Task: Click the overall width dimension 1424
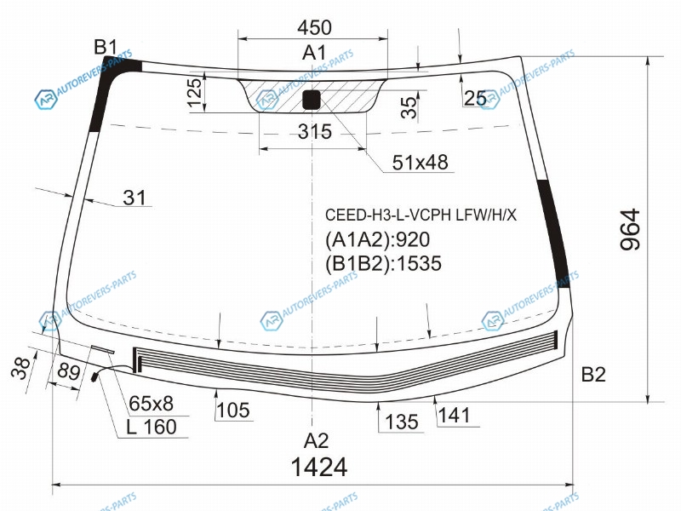pos(319,467)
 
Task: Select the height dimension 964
pos(630,229)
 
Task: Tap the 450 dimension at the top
pos(314,27)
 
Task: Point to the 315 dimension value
pos(315,131)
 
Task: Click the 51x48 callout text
pos(420,162)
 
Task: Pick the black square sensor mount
pos(312,99)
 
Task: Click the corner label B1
pos(106,47)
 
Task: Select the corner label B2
pos(593,374)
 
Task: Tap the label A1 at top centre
pos(314,53)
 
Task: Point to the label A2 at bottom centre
pos(316,441)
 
